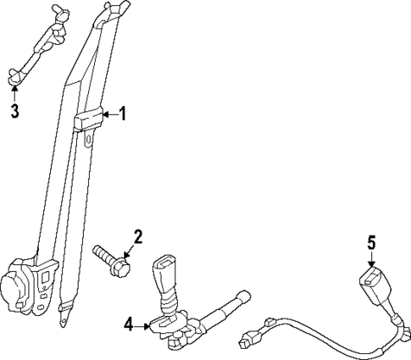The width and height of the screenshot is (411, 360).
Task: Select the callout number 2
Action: click(138, 236)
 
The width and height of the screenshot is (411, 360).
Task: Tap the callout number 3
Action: click(14, 110)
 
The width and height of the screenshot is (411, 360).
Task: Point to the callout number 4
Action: click(129, 322)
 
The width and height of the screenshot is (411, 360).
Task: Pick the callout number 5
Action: click(369, 243)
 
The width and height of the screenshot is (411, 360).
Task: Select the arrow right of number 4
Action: click(144, 322)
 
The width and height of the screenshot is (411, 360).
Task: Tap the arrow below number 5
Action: click(369, 259)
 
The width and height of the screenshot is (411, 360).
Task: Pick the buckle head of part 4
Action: click(163, 273)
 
